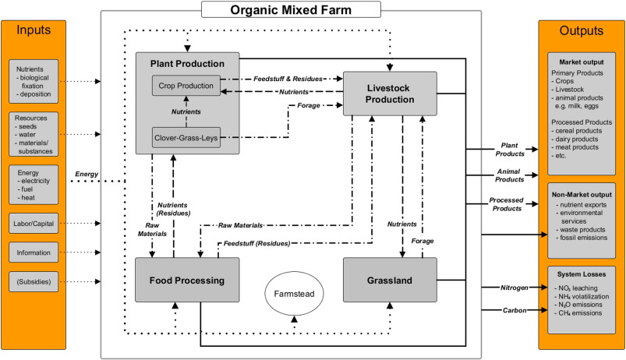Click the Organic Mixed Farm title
[x=290, y=10]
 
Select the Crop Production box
[x=185, y=84]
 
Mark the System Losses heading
[x=581, y=273]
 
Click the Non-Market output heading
[x=581, y=192]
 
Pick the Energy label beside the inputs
[x=87, y=173]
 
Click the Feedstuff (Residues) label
[x=256, y=243]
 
